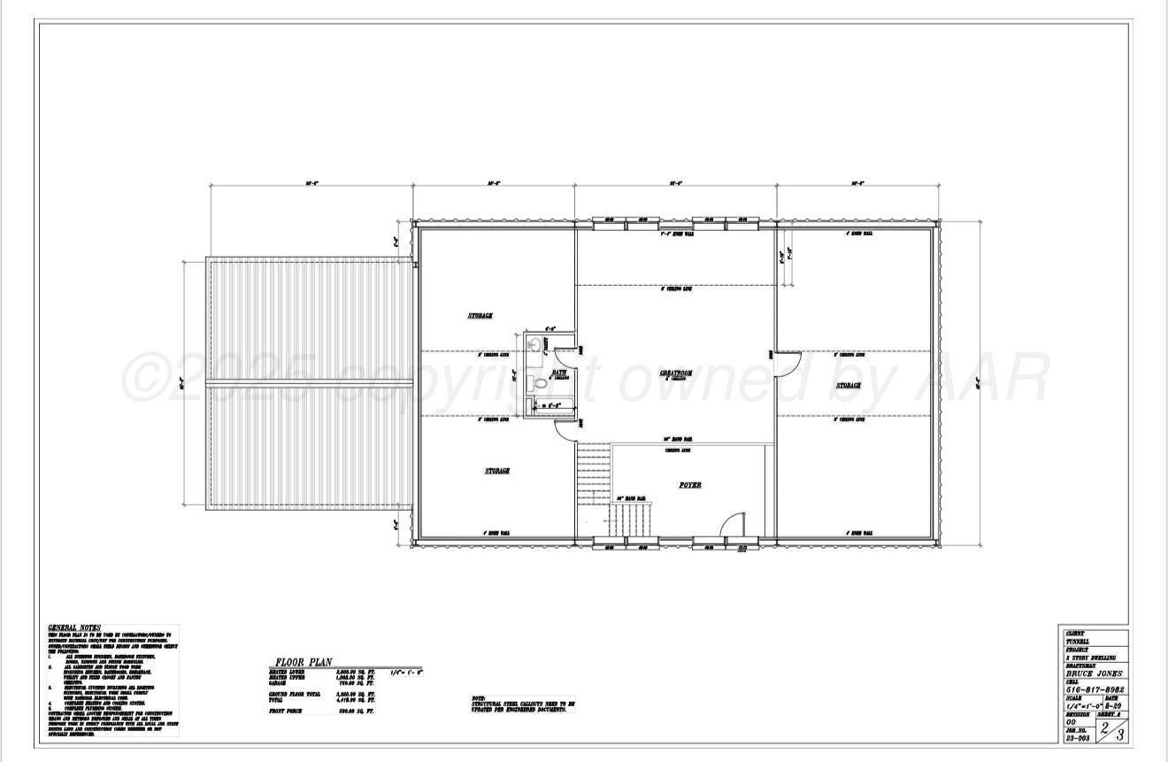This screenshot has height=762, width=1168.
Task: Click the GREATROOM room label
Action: tap(675, 373)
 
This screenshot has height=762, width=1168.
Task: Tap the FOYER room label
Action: tap(690, 485)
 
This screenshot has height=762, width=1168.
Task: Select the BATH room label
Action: tap(559, 373)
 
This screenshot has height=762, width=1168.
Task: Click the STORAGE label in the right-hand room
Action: tap(849, 386)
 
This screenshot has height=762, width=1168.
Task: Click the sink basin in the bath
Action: tap(534, 345)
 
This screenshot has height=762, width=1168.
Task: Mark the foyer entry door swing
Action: tap(732, 526)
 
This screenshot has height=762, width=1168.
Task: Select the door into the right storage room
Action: tap(787, 362)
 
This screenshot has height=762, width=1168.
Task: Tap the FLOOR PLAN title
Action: tap(303, 662)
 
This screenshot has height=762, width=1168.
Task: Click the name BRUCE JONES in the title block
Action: tap(1095, 673)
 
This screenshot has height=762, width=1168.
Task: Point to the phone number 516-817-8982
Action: tap(1095, 689)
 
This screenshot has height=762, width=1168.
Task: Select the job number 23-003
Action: tap(1078, 736)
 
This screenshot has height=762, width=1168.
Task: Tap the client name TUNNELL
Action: tap(1078, 642)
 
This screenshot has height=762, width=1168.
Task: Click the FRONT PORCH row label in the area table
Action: tap(288, 711)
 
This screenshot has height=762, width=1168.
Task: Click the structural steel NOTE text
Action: tap(522, 704)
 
